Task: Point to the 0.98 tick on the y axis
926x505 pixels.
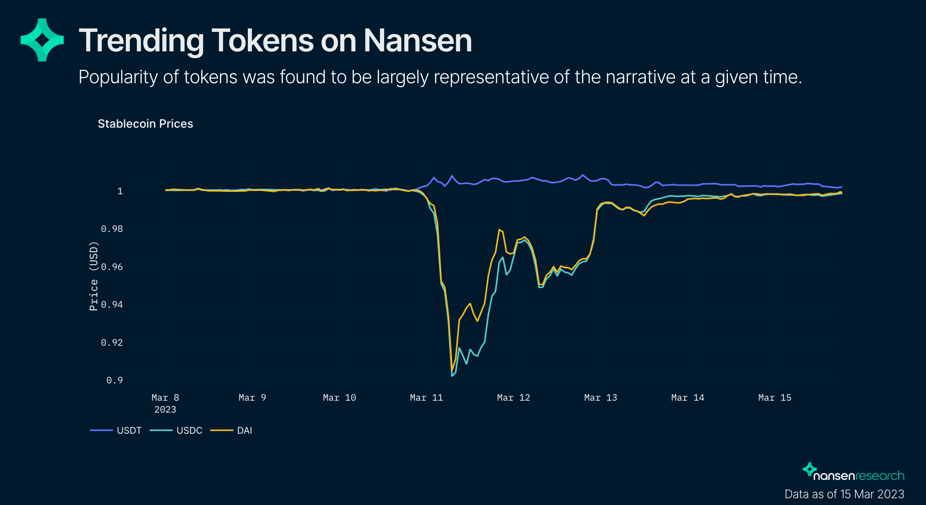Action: pyautogui.click(x=112, y=229)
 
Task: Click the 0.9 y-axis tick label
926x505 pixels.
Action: pyautogui.click(x=114, y=380)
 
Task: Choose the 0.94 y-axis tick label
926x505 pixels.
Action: pyautogui.click(x=112, y=305)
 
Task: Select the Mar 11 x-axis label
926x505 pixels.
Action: pyautogui.click(x=426, y=397)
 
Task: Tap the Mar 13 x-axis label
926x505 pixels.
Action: pyautogui.click(x=600, y=397)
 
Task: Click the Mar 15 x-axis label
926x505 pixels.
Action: pyautogui.click(x=775, y=397)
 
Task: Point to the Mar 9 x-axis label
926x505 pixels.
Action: pyautogui.click(x=252, y=397)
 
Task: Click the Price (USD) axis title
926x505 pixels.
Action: pyautogui.click(x=93, y=276)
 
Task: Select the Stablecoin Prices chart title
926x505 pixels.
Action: pyautogui.click(x=145, y=124)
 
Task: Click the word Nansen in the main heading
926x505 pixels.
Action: pyautogui.click(x=418, y=41)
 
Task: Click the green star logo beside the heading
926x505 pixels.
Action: pyautogui.click(x=42, y=40)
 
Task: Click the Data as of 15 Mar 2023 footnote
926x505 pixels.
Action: pyautogui.click(x=844, y=494)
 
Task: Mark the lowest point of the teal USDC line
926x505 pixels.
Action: pyautogui.click(x=452, y=376)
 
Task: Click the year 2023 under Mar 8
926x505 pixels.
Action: pyautogui.click(x=165, y=409)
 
